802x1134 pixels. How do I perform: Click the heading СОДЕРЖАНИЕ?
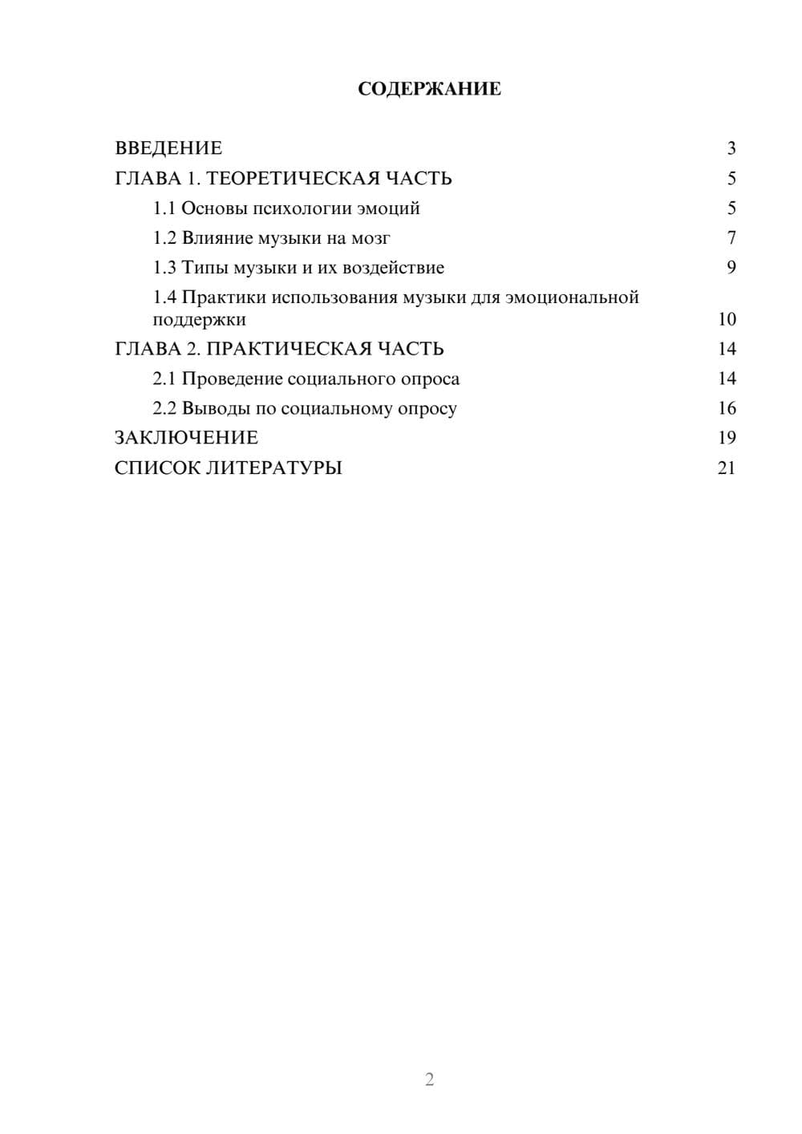tap(429, 89)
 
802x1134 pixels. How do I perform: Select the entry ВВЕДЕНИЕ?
tap(168, 148)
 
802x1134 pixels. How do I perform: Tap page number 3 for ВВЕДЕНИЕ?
tap(731, 148)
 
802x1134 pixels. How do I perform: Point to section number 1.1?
tap(164, 209)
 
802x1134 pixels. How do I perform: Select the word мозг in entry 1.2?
tap(371, 238)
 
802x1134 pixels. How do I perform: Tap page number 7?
tap(731, 238)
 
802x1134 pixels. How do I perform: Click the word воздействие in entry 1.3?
tap(393, 268)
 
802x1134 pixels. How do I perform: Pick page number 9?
tap(731, 268)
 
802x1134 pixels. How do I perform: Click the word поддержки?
tap(199, 320)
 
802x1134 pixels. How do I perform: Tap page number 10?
tap(727, 319)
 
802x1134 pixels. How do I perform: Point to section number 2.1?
tap(164, 379)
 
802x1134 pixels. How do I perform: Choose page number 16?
tap(727, 408)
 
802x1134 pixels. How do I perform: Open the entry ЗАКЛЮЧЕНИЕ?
tap(186, 438)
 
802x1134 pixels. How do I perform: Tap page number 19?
tap(727, 438)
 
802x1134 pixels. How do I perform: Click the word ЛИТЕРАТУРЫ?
tap(273, 468)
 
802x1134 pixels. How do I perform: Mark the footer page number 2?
tap(429, 1079)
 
